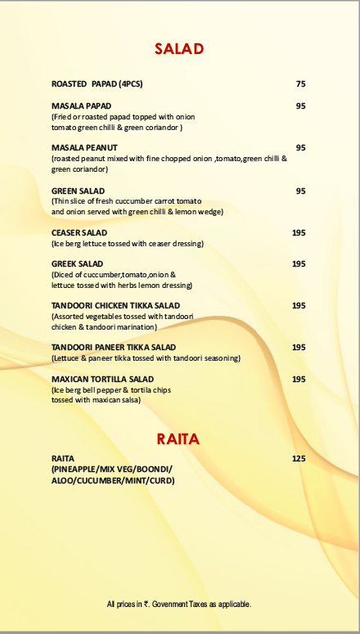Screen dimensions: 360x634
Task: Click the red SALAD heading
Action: click(x=179, y=50)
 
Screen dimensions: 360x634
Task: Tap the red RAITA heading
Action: click(x=178, y=439)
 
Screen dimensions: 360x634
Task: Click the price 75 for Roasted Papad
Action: click(x=300, y=84)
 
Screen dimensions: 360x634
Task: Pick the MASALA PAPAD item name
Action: click(x=81, y=106)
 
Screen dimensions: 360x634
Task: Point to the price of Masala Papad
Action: click(x=300, y=106)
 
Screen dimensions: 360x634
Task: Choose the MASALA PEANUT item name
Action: click(x=84, y=148)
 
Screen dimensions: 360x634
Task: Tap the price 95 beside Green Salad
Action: click(x=300, y=191)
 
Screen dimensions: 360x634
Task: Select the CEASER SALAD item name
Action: click(x=79, y=233)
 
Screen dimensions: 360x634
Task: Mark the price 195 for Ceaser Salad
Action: click(x=299, y=233)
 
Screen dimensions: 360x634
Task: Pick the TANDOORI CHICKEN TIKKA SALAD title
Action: click(x=115, y=306)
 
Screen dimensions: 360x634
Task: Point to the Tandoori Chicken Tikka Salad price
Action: click(x=299, y=306)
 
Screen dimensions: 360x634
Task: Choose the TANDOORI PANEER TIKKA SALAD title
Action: click(x=114, y=348)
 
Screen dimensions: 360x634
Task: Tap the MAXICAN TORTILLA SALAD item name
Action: click(x=102, y=380)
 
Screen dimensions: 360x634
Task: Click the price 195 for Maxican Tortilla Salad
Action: click(x=299, y=380)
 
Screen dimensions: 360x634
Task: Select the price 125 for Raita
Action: click(x=299, y=459)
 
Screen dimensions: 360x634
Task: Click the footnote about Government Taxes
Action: click(x=178, y=605)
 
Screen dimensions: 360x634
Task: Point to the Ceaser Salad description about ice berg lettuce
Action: click(x=127, y=244)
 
